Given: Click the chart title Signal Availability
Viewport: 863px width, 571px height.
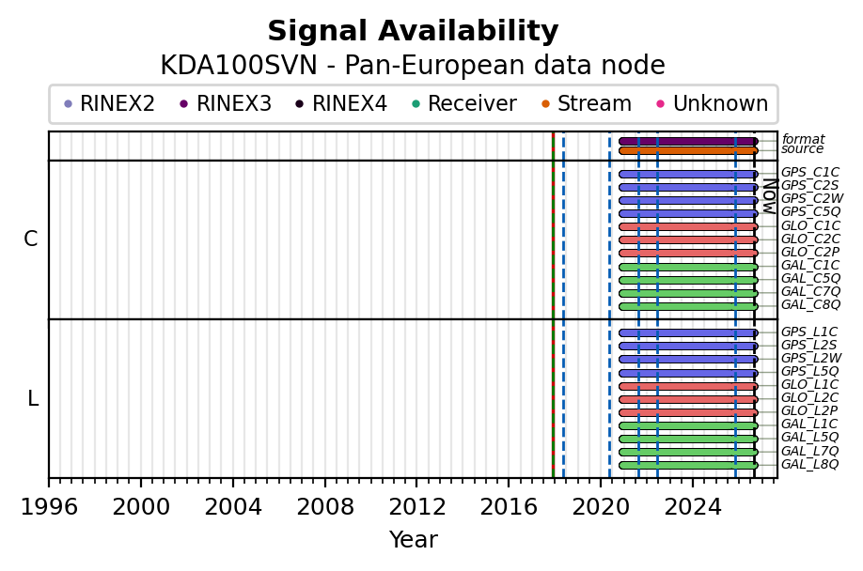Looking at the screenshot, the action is click(413, 31).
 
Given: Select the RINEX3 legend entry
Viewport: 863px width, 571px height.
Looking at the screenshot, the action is click(227, 103).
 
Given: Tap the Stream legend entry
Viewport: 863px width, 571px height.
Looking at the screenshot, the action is click(587, 103).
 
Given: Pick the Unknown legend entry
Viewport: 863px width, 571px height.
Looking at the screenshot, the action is click(713, 103).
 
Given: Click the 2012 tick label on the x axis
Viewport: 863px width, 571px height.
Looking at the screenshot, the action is click(417, 507).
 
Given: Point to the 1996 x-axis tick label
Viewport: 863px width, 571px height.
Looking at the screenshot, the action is click(49, 507).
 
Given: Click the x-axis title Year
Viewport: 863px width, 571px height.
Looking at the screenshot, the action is click(414, 540).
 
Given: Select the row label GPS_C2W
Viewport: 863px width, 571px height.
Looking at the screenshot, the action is click(812, 198).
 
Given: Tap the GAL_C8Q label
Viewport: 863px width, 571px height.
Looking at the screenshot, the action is click(810, 304).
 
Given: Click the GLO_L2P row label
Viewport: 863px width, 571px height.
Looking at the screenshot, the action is click(809, 410).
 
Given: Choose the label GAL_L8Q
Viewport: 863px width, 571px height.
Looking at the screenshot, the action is click(810, 464).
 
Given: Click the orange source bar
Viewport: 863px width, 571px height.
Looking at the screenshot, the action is click(688, 150).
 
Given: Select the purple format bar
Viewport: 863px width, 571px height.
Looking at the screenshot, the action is click(688, 141).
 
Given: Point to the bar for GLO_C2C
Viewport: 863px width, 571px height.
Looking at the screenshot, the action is click(688, 240).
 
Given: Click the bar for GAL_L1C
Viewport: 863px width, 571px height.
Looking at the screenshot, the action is click(688, 426).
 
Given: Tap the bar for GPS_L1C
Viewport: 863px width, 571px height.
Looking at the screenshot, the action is click(688, 333).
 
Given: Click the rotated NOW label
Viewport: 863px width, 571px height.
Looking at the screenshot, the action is click(770, 196).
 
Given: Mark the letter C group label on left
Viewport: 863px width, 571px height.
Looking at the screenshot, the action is click(31, 239).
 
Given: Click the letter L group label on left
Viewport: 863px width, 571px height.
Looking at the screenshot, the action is click(33, 398).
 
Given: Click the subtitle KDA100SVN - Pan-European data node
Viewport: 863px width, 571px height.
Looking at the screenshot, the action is click(413, 66).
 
